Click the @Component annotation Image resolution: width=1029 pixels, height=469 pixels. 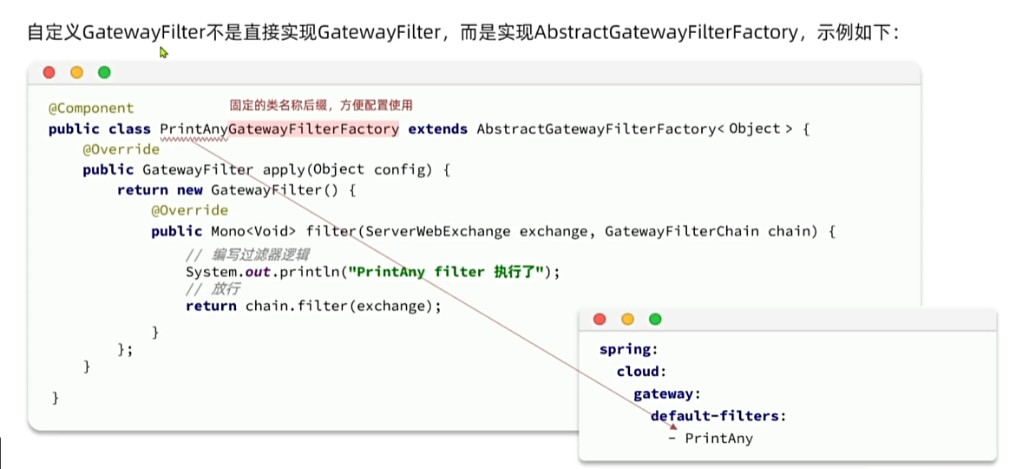pos(91,109)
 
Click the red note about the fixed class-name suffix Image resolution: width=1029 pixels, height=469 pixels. pos(320,104)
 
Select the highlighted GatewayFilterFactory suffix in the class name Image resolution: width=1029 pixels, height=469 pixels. pos(314,129)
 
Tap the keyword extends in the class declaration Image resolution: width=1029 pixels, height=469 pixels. pos(438,129)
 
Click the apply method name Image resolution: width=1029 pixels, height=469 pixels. pos(283,170)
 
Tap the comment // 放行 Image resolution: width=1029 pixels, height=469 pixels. pos(212,289)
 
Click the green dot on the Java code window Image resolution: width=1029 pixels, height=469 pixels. pos(104,73)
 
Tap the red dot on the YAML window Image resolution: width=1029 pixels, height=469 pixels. pos(600,320)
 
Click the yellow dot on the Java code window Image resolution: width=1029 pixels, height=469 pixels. pos(76,73)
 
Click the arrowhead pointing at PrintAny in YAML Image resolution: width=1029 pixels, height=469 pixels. pos(672,427)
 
